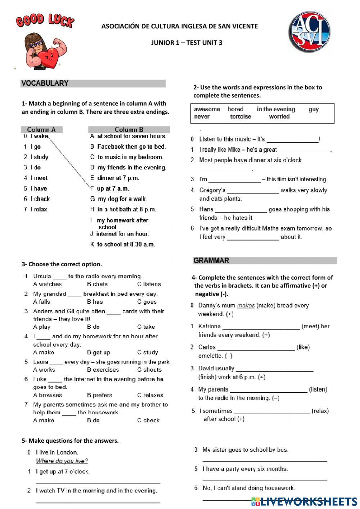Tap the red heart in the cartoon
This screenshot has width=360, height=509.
49,57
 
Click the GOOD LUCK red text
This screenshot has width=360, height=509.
45,21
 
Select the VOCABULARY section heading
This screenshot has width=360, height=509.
45,83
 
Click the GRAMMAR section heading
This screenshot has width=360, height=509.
211,260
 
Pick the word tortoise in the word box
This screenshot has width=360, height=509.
240,117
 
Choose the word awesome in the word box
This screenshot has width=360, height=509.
207,109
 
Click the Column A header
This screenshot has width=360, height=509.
41,130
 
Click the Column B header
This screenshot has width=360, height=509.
129,130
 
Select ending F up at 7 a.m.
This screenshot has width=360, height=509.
110,188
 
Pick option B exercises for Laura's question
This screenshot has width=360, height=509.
103,370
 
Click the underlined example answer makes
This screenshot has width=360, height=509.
246,305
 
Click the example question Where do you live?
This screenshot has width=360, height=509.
62,461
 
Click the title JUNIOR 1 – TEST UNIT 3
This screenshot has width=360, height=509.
186,43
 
